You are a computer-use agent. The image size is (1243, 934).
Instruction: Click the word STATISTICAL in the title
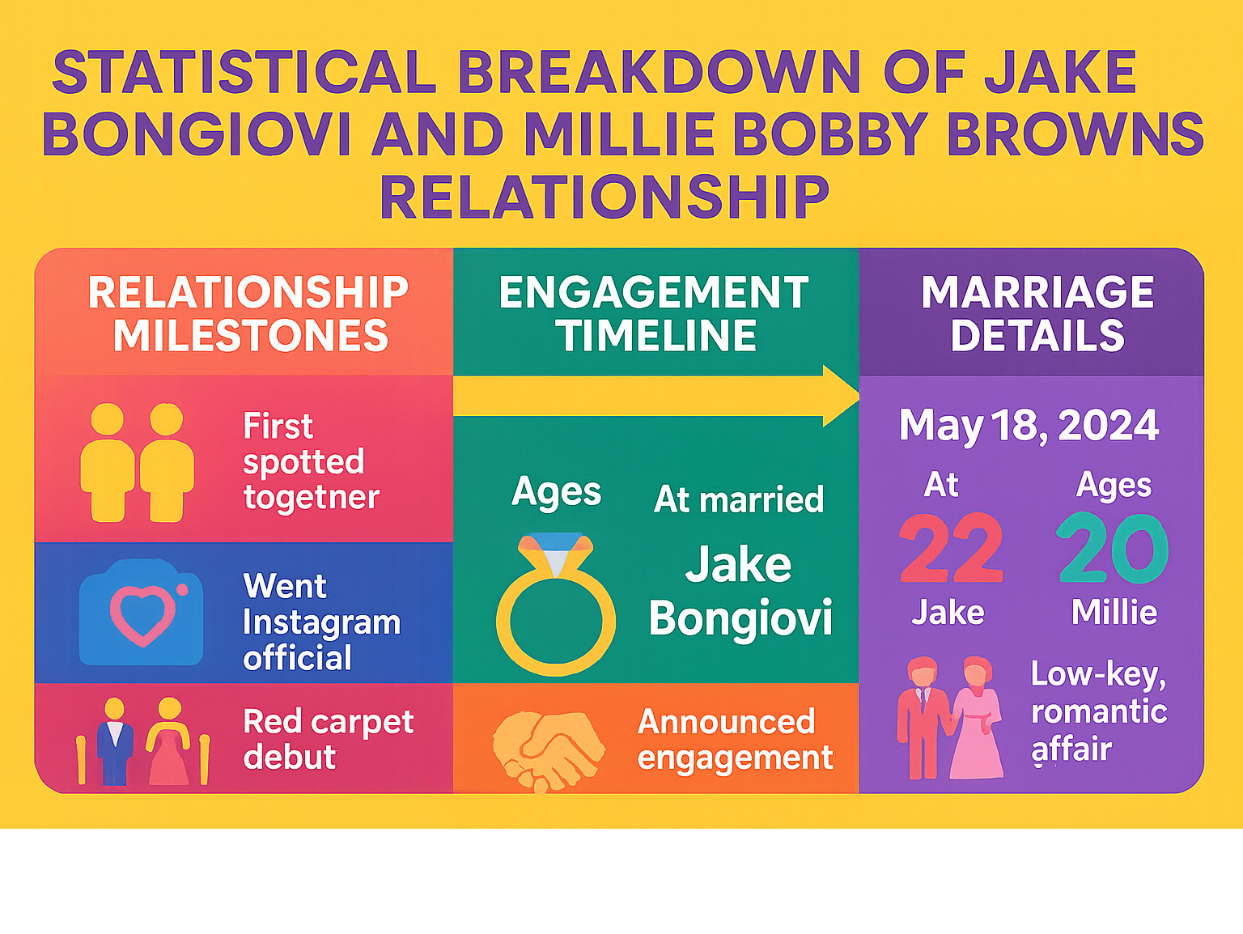(x=244, y=73)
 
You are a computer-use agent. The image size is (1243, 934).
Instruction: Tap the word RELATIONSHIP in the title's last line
(x=605, y=197)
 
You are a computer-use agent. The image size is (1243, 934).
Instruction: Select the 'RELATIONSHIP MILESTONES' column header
(x=248, y=314)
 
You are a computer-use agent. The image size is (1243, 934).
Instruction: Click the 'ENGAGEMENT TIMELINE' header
(x=655, y=314)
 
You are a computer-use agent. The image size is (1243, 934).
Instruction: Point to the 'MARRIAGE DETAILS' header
(x=1037, y=314)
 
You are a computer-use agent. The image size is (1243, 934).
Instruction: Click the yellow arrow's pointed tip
(x=859, y=396)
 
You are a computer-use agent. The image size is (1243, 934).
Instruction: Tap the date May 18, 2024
(x=1029, y=426)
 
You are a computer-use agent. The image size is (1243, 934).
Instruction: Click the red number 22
(x=951, y=548)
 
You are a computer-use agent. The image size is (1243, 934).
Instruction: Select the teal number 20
(x=1112, y=548)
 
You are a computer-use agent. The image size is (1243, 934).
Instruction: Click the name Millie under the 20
(x=1114, y=613)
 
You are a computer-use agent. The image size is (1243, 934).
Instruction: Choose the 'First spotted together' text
(x=312, y=461)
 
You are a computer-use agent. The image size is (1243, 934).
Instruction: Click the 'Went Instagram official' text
(x=321, y=622)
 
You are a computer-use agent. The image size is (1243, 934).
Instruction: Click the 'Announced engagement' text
(x=735, y=740)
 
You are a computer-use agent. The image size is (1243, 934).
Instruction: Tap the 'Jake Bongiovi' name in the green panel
(x=740, y=591)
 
